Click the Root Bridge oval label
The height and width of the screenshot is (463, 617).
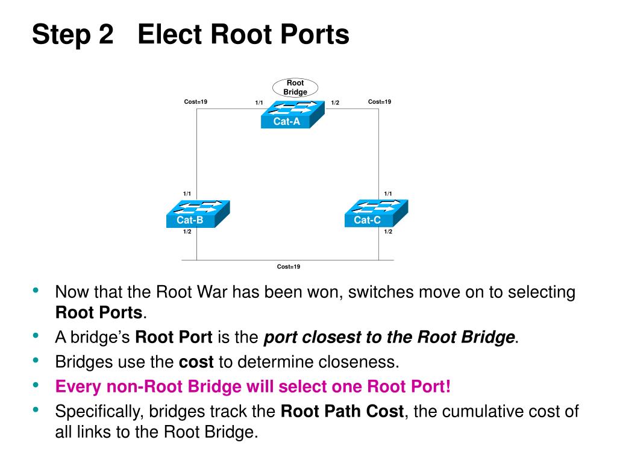pos(295,87)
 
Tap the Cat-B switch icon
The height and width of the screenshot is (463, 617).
pos(198,213)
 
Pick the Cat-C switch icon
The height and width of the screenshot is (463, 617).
pos(377,213)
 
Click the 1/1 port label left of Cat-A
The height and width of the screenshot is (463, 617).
pos(259,102)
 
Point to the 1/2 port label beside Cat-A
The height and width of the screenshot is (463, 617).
pos(335,102)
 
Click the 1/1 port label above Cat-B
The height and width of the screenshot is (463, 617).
pos(187,194)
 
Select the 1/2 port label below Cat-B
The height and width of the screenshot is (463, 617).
pos(187,232)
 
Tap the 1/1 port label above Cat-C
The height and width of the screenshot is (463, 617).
pos(388,194)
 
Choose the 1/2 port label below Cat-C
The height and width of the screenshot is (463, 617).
pos(388,232)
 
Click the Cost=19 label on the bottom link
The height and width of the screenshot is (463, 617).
pos(289,266)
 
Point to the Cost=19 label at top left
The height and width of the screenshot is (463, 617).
pos(196,102)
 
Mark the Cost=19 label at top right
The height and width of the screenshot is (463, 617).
pos(380,102)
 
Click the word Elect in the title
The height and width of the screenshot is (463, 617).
pos(169,34)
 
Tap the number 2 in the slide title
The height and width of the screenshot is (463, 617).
pos(104,34)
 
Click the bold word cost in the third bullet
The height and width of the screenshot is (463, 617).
pos(196,362)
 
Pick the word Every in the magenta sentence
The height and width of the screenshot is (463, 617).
pos(77,386)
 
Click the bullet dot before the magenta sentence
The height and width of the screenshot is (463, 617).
pos(37,385)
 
